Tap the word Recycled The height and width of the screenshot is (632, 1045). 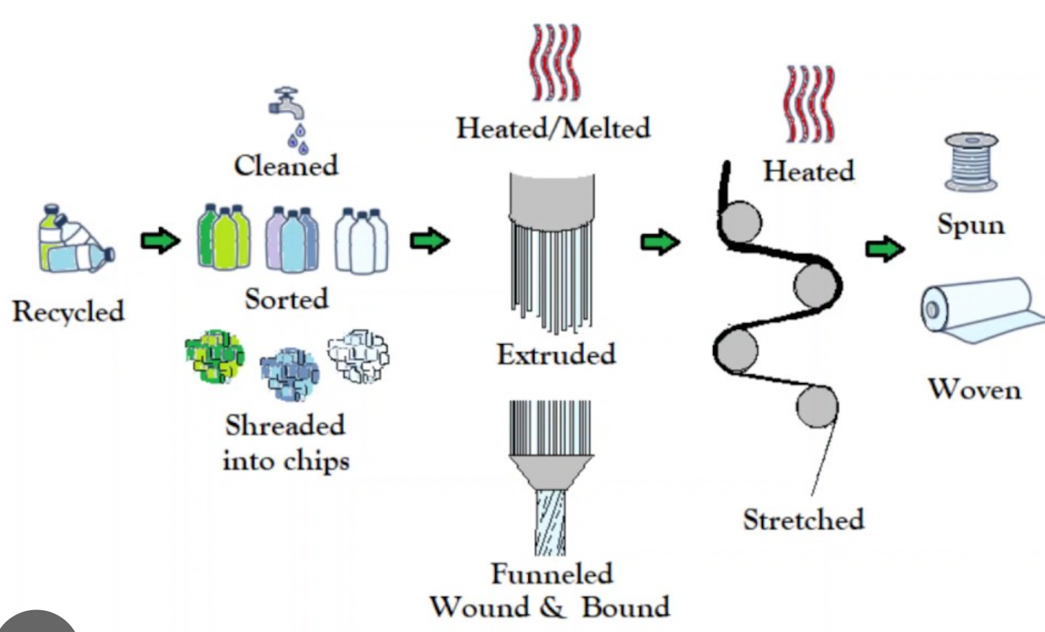tap(68, 312)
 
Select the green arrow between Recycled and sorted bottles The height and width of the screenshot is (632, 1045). tap(160, 240)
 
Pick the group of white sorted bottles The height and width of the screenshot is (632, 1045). tap(361, 240)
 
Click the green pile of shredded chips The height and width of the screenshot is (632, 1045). tap(214, 356)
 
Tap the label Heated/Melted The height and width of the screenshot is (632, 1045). tap(553, 128)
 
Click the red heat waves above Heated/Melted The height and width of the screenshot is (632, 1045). tap(555, 63)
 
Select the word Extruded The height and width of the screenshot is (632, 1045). tap(556, 354)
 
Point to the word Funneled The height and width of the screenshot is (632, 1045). tap(552, 574)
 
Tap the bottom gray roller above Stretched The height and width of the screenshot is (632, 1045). tap(817, 407)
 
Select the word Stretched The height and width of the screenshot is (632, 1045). tap(803, 519)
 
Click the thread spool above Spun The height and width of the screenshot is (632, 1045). tap(971, 162)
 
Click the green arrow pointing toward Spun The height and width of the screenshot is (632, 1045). tap(885, 249)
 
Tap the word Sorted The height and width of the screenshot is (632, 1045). tap(286, 299)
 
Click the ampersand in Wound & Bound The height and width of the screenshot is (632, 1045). tap(552, 608)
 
